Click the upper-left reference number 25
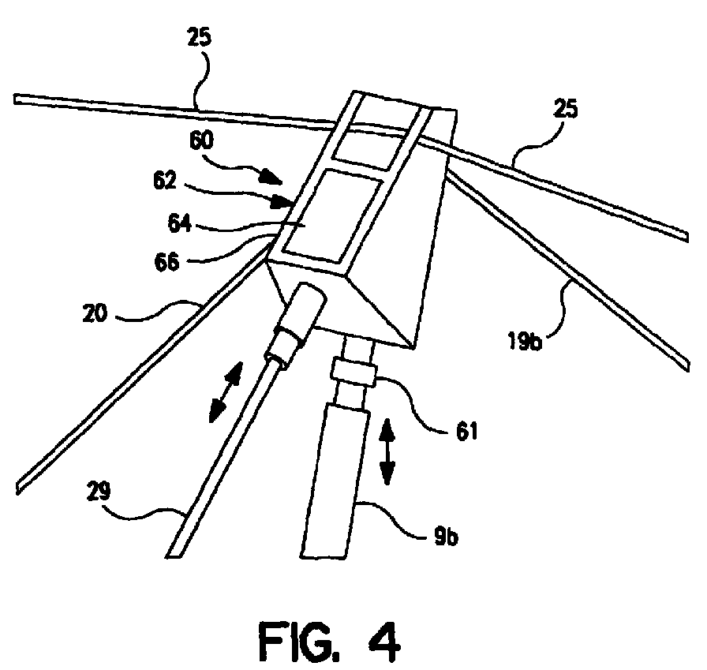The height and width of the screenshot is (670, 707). [x=200, y=37]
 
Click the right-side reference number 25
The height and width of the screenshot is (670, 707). [x=566, y=109]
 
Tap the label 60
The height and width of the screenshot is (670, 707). [x=201, y=140]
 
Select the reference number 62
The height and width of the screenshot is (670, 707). [x=165, y=181]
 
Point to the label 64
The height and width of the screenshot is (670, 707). [x=180, y=223]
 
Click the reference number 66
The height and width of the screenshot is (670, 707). [x=166, y=261]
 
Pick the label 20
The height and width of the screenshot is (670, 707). [x=95, y=313]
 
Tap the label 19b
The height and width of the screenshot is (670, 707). [x=525, y=341]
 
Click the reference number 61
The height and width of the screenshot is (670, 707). [x=466, y=432]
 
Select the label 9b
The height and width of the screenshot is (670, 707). [x=447, y=537]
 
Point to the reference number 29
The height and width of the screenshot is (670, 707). [x=99, y=491]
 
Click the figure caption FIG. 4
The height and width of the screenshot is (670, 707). [x=329, y=642]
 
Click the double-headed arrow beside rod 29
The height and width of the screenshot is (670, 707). [x=226, y=392]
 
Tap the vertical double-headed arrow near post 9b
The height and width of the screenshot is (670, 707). [x=387, y=451]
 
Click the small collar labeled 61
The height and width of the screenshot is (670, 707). [x=353, y=371]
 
